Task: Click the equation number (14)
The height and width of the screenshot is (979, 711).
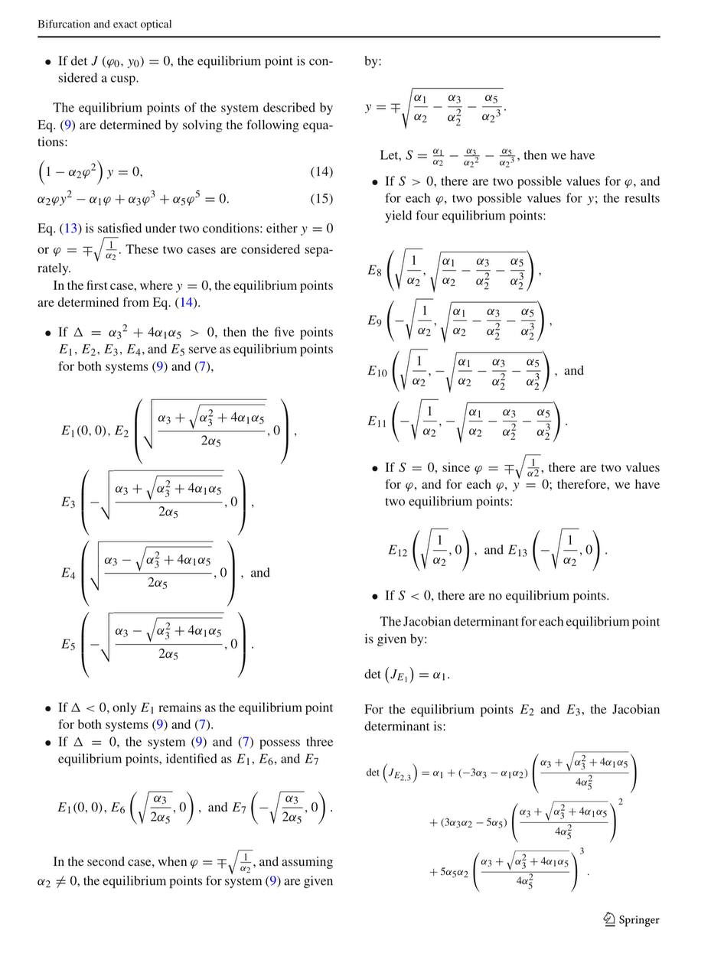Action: click(x=321, y=172)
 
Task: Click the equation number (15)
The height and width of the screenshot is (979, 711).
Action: click(x=321, y=199)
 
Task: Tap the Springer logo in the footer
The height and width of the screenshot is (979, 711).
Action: click(x=631, y=920)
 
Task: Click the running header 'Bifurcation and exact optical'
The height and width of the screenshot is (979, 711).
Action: click(x=105, y=24)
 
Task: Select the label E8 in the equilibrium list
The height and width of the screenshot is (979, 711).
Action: click(x=374, y=270)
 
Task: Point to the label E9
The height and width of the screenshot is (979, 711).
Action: click(x=374, y=320)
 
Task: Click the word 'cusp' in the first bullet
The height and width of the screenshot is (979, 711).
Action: click(x=122, y=78)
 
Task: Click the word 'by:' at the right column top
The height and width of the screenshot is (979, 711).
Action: click(x=373, y=61)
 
